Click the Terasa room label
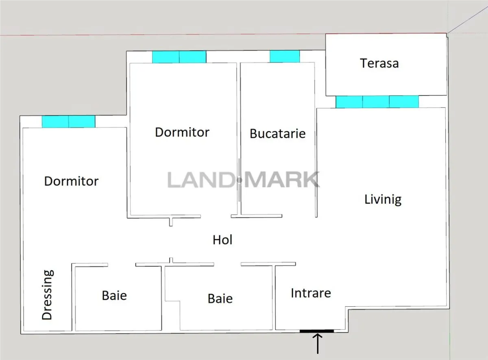click(x=379, y=63)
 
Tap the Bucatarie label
click(x=277, y=133)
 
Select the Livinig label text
click(x=383, y=200)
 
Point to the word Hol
click(x=222, y=240)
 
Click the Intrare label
click(x=311, y=293)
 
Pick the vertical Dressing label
click(x=47, y=295)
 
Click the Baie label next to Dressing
click(x=114, y=296)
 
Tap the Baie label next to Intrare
click(x=220, y=299)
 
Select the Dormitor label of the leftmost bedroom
click(x=71, y=181)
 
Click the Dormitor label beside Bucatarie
click(x=182, y=132)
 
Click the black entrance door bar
click(x=316, y=331)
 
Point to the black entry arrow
click(x=318, y=344)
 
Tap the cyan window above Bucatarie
click(x=285, y=57)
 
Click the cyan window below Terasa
click(x=377, y=102)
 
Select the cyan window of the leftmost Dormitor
click(x=69, y=122)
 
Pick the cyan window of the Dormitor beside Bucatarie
click(x=179, y=57)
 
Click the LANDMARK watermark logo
click(x=244, y=179)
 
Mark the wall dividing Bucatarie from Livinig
click(x=316, y=140)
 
